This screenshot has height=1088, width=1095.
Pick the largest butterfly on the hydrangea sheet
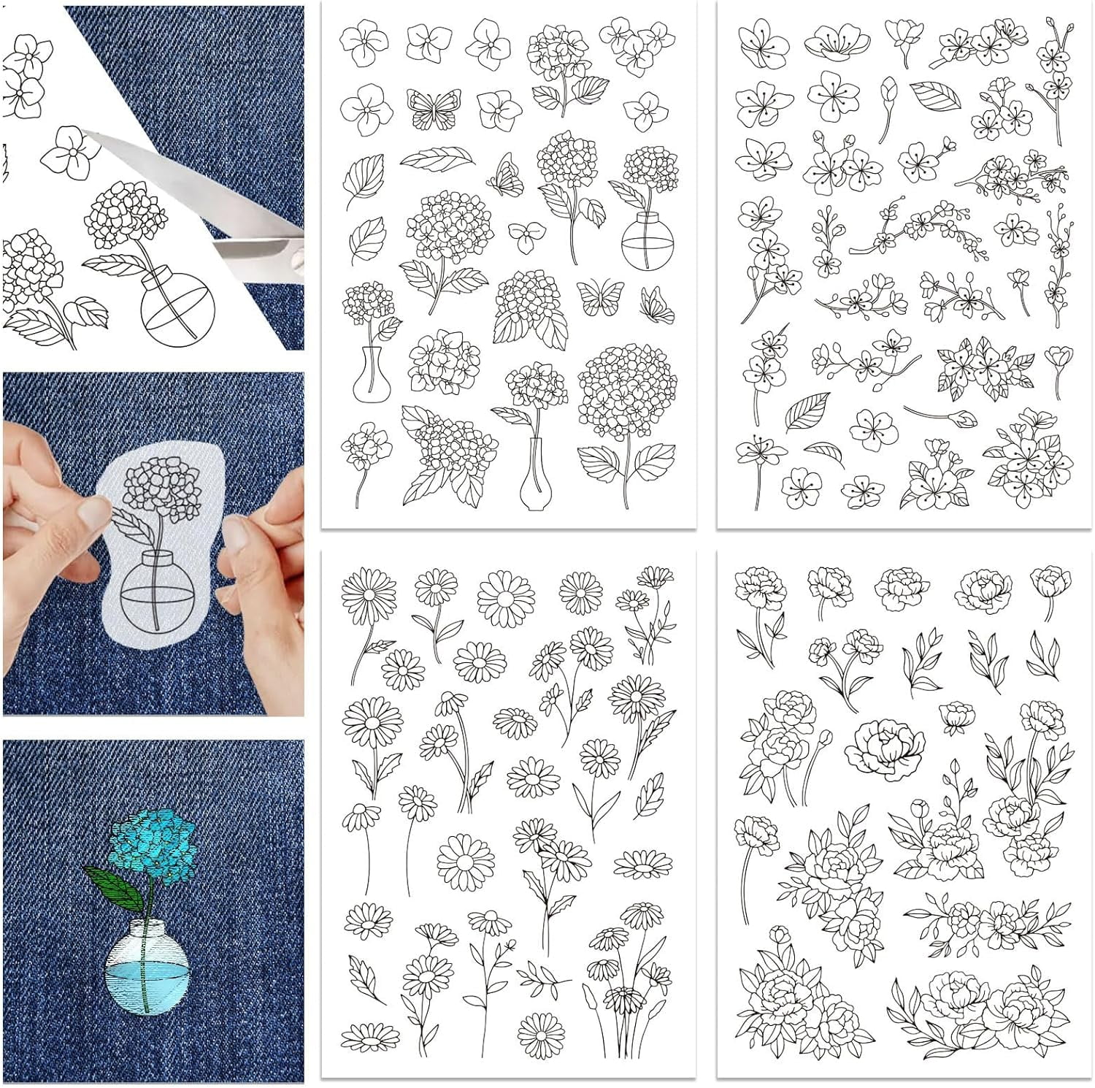434,108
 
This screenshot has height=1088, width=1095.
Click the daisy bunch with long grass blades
628,978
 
